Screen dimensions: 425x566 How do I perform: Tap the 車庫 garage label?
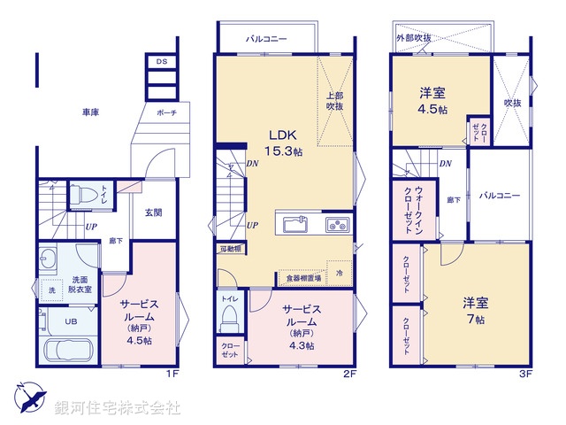point(90,112)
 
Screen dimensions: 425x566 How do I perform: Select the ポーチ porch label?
point(166,113)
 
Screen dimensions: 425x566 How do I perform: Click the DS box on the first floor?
point(161,62)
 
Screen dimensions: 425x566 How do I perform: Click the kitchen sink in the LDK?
point(295,224)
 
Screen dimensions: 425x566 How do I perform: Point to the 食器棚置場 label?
point(303,278)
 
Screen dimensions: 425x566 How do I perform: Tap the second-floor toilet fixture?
point(229,314)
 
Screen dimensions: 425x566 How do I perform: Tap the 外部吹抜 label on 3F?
point(413,38)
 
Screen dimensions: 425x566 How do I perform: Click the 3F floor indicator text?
point(524,374)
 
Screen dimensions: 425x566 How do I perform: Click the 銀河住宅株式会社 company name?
point(118,408)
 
